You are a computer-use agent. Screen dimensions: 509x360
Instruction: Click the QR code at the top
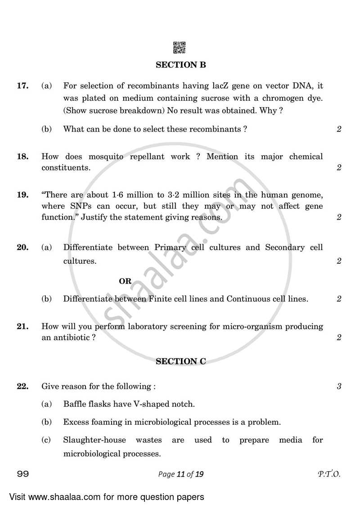[180, 47]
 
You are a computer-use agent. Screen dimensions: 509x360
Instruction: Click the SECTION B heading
[180, 65]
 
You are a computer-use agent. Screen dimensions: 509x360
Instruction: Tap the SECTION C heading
[180, 361]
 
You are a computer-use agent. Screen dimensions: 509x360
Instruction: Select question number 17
[23, 86]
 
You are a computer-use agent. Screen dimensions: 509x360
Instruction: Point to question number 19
[23, 195]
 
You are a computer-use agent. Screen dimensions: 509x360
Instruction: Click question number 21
[23, 326]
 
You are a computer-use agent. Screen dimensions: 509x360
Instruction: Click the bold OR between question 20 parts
[125, 281]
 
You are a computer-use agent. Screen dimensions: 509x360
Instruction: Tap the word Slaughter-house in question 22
[94, 440]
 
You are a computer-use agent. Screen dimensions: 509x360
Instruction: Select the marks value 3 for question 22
[339, 386]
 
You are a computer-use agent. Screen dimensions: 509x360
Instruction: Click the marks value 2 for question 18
[339, 168]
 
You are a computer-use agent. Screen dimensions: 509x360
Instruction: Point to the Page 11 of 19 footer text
[180, 474]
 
